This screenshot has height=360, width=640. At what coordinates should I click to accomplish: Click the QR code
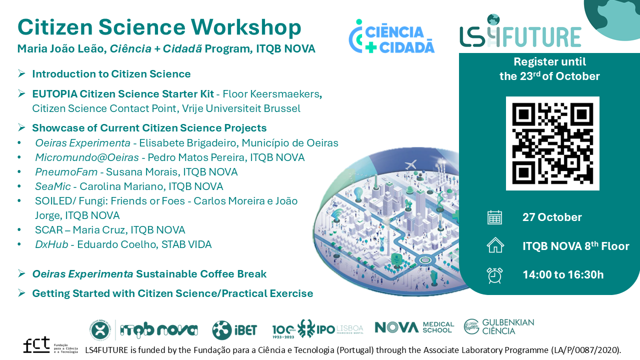coord(552,143)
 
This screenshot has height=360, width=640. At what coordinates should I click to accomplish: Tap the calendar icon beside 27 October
coord(494,217)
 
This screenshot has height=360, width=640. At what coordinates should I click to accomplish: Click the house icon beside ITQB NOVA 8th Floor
coord(495,245)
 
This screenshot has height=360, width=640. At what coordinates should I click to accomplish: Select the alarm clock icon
coord(494,275)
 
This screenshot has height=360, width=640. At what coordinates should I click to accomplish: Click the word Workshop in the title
coord(246,27)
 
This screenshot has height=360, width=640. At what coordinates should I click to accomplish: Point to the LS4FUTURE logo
coord(520,31)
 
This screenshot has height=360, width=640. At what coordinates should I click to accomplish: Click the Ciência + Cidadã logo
coord(391,36)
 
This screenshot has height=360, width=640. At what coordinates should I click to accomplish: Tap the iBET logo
coord(234,330)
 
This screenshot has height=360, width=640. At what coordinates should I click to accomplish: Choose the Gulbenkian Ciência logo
coord(499,326)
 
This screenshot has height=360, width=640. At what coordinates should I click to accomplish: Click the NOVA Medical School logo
coord(414,327)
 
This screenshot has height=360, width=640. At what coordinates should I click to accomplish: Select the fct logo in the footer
coord(50,345)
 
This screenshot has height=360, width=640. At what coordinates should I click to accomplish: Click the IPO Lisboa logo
coord(317,328)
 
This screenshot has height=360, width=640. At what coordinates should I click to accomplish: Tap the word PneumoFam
coord(66,172)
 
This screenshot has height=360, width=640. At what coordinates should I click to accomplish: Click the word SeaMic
coord(53,186)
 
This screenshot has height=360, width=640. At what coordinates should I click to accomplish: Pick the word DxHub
coord(51,244)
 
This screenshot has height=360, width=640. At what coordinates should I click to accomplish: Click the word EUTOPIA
coord(55,93)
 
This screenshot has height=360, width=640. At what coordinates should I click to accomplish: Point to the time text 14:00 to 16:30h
coord(563,274)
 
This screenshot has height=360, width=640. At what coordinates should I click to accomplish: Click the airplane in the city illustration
coord(411,164)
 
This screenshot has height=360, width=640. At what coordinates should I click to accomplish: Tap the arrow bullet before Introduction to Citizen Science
coord(21,73)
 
